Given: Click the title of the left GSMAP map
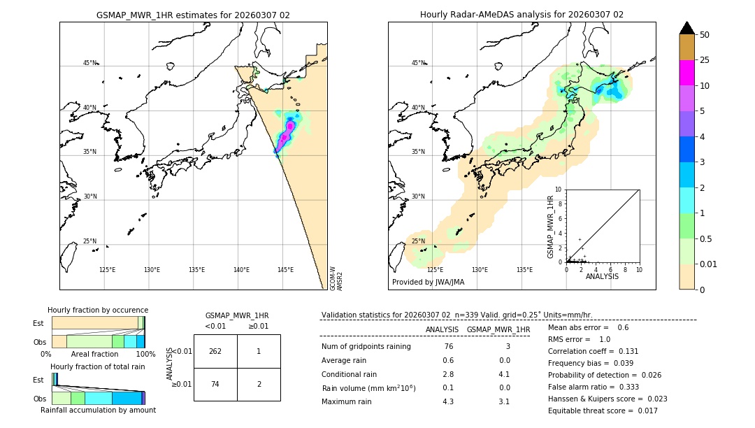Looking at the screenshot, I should point(193,15).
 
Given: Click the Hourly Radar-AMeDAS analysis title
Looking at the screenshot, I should point(522,15).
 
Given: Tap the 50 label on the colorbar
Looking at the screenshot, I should point(705,35).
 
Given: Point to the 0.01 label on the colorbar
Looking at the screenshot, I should point(709,264).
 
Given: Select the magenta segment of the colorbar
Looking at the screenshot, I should point(686,73).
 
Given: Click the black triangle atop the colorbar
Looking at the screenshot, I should point(686,28).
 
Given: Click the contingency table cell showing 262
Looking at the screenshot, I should point(215,351).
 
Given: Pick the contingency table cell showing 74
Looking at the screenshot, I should point(215,384).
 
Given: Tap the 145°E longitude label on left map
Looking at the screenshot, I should point(285,269).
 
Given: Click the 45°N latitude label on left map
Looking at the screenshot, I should point(90,63).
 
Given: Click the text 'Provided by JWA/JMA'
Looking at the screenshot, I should point(428,282).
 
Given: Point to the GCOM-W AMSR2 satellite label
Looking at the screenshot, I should point(336,278).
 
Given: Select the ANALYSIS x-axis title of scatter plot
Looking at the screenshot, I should point(602,276).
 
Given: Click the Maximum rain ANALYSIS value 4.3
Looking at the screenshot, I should point(448,401).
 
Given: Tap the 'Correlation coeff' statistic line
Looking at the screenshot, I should point(594,351).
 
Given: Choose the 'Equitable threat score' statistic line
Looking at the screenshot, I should point(603,411).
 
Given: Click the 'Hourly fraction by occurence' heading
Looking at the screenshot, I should point(98,310).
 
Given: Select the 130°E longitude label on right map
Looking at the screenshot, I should point(480,269).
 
